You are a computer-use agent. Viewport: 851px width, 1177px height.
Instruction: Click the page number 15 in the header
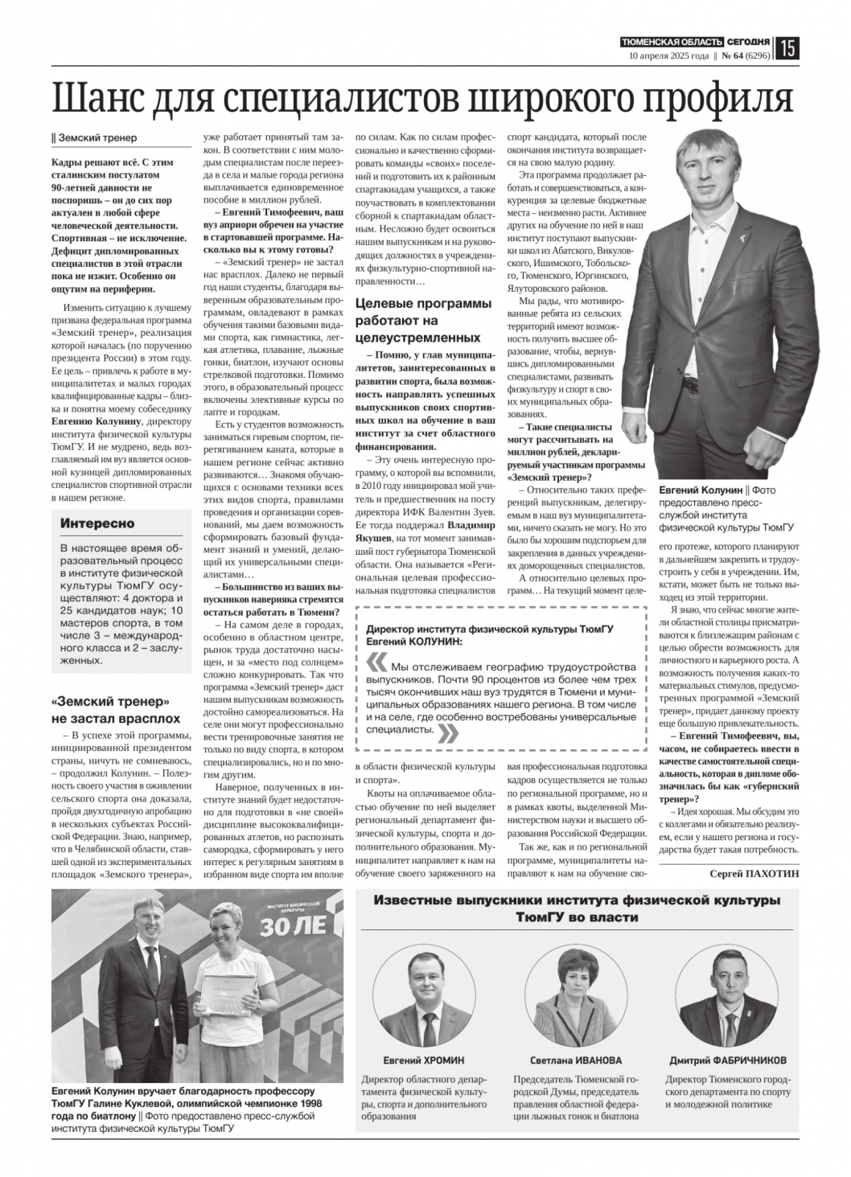tap(787, 49)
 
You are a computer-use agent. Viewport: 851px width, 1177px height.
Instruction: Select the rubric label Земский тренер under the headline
tap(96, 137)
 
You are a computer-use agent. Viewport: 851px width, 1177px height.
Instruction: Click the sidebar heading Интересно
tap(97, 523)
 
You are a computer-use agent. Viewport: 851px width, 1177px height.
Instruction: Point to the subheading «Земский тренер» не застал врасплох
tap(116, 709)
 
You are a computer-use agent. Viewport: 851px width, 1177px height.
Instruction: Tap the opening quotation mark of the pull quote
tap(376, 664)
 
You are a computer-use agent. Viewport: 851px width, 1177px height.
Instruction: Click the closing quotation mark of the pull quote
tap(450, 732)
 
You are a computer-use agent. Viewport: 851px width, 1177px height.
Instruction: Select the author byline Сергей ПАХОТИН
tap(754, 873)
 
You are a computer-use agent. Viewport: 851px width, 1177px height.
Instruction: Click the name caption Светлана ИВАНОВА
tap(576, 1060)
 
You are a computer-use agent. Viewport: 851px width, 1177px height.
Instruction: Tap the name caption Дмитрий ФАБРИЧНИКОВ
tap(728, 1060)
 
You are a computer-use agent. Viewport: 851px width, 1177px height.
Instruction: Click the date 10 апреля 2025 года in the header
tap(668, 56)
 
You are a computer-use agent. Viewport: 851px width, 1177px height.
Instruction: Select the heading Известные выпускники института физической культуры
tap(577, 908)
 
